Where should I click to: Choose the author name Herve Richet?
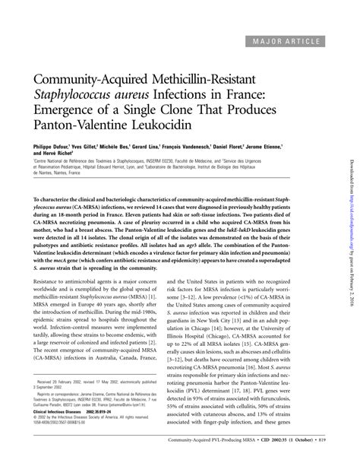pos(65,152)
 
